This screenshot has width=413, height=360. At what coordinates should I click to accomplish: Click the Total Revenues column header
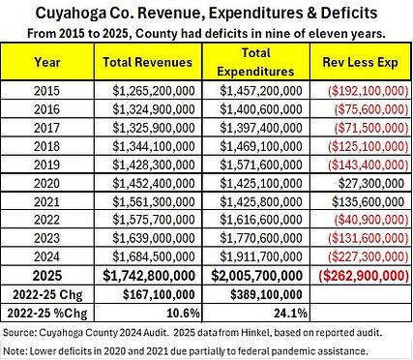(148, 62)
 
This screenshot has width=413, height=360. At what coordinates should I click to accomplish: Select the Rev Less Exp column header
(361, 62)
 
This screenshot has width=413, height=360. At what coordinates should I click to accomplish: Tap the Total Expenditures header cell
(256, 62)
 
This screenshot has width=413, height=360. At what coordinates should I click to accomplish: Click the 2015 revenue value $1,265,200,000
(154, 91)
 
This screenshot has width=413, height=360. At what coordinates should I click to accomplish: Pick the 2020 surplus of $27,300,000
(371, 183)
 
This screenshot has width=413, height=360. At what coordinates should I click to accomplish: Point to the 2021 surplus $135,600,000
(369, 202)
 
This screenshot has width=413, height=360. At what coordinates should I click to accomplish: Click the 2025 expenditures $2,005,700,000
(257, 276)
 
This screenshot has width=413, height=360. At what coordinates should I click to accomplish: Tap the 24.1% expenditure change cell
(290, 314)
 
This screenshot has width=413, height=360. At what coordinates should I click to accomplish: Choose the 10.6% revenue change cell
(183, 314)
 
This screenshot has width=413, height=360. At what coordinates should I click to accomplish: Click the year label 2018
(47, 146)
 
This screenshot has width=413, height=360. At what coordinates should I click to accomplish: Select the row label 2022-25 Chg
(47, 295)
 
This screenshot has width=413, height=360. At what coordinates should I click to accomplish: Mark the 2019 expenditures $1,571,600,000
(261, 165)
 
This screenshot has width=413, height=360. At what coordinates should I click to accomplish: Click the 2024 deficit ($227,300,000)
(369, 256)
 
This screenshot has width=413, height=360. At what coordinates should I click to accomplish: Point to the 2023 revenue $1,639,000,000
(154, 238)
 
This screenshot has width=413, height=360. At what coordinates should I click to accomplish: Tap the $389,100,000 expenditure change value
(266, 295)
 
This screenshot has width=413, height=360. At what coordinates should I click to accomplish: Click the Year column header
(47, 62)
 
